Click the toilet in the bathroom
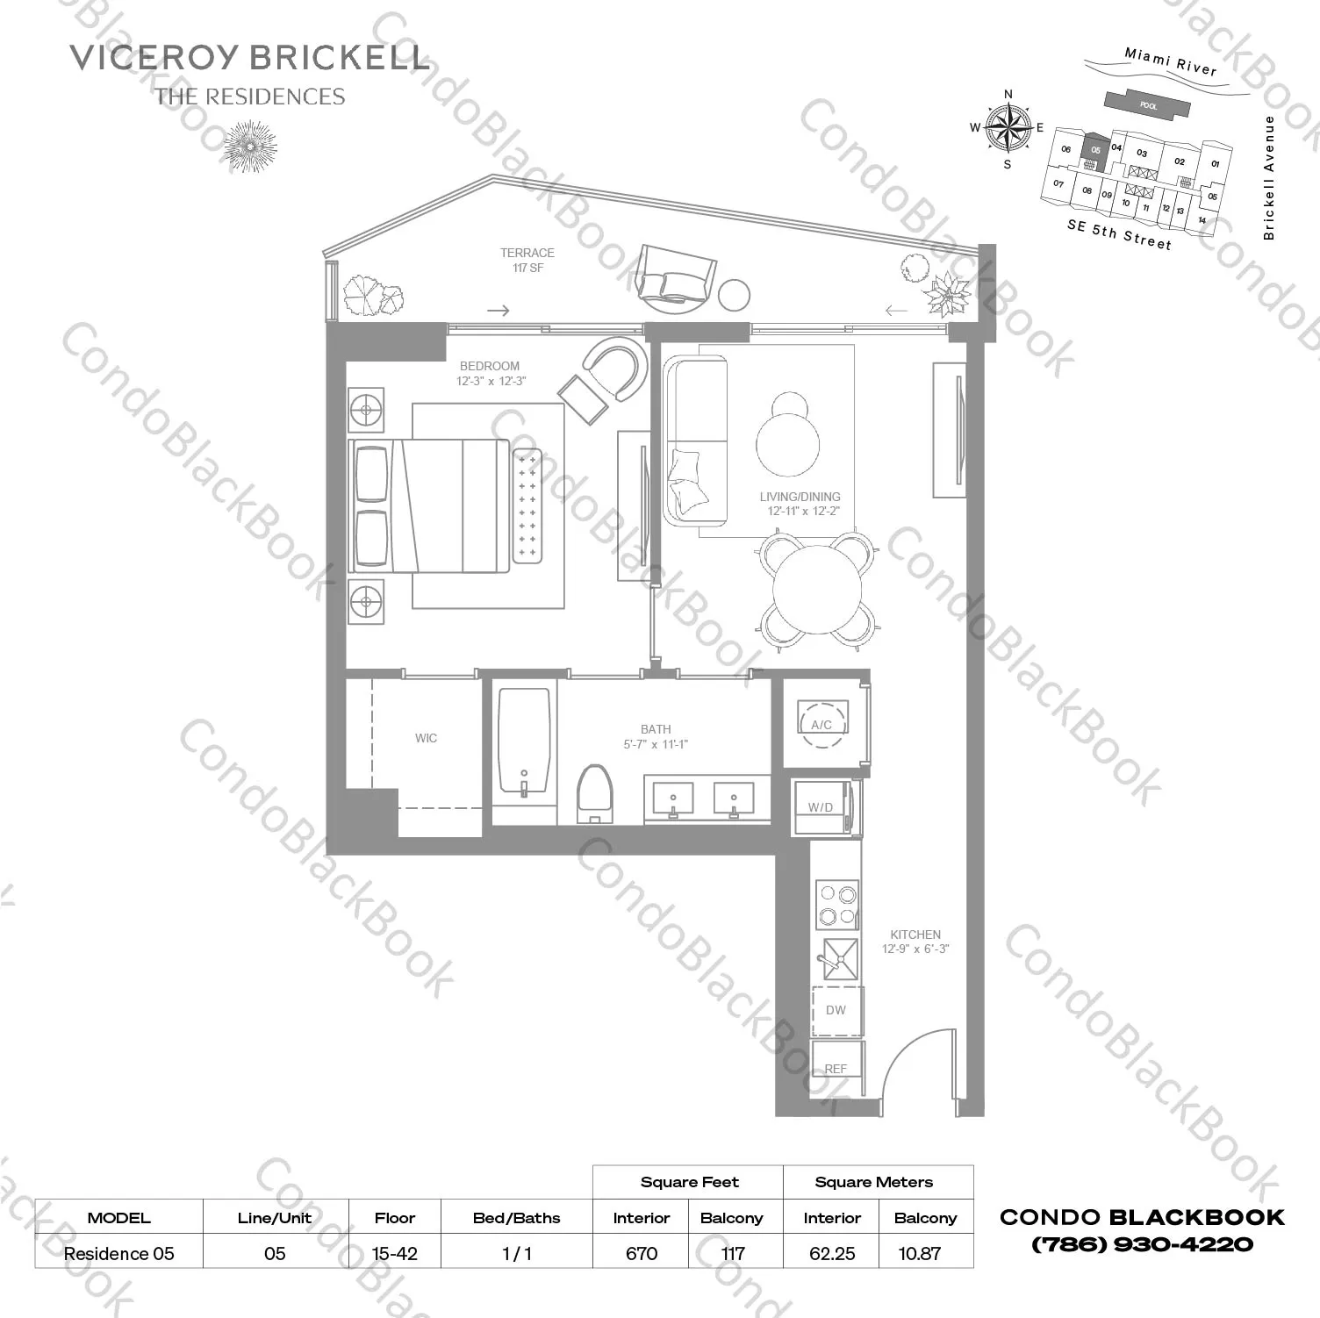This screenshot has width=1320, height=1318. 594,793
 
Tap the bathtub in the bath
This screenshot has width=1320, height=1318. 524,741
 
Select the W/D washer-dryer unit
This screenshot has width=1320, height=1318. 822,807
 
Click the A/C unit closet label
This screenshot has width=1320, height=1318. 822,724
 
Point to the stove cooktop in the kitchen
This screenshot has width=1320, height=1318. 836,906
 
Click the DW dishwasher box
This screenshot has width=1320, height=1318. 836,1010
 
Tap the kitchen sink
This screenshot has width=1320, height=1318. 836,960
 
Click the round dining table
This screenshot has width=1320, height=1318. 817,589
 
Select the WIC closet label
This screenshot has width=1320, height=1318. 426,738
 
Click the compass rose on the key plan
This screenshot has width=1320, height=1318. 1008,128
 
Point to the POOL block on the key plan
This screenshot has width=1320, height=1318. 1148,105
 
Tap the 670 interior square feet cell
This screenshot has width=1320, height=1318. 642,1253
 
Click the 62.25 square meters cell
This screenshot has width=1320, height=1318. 831,1253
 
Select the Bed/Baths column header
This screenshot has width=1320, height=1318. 516,1218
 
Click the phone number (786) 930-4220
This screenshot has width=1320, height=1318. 1142,1244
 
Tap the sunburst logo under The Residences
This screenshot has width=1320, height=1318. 250,146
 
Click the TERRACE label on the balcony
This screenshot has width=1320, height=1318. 527,253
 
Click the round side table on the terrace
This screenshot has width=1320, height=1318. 734,296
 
